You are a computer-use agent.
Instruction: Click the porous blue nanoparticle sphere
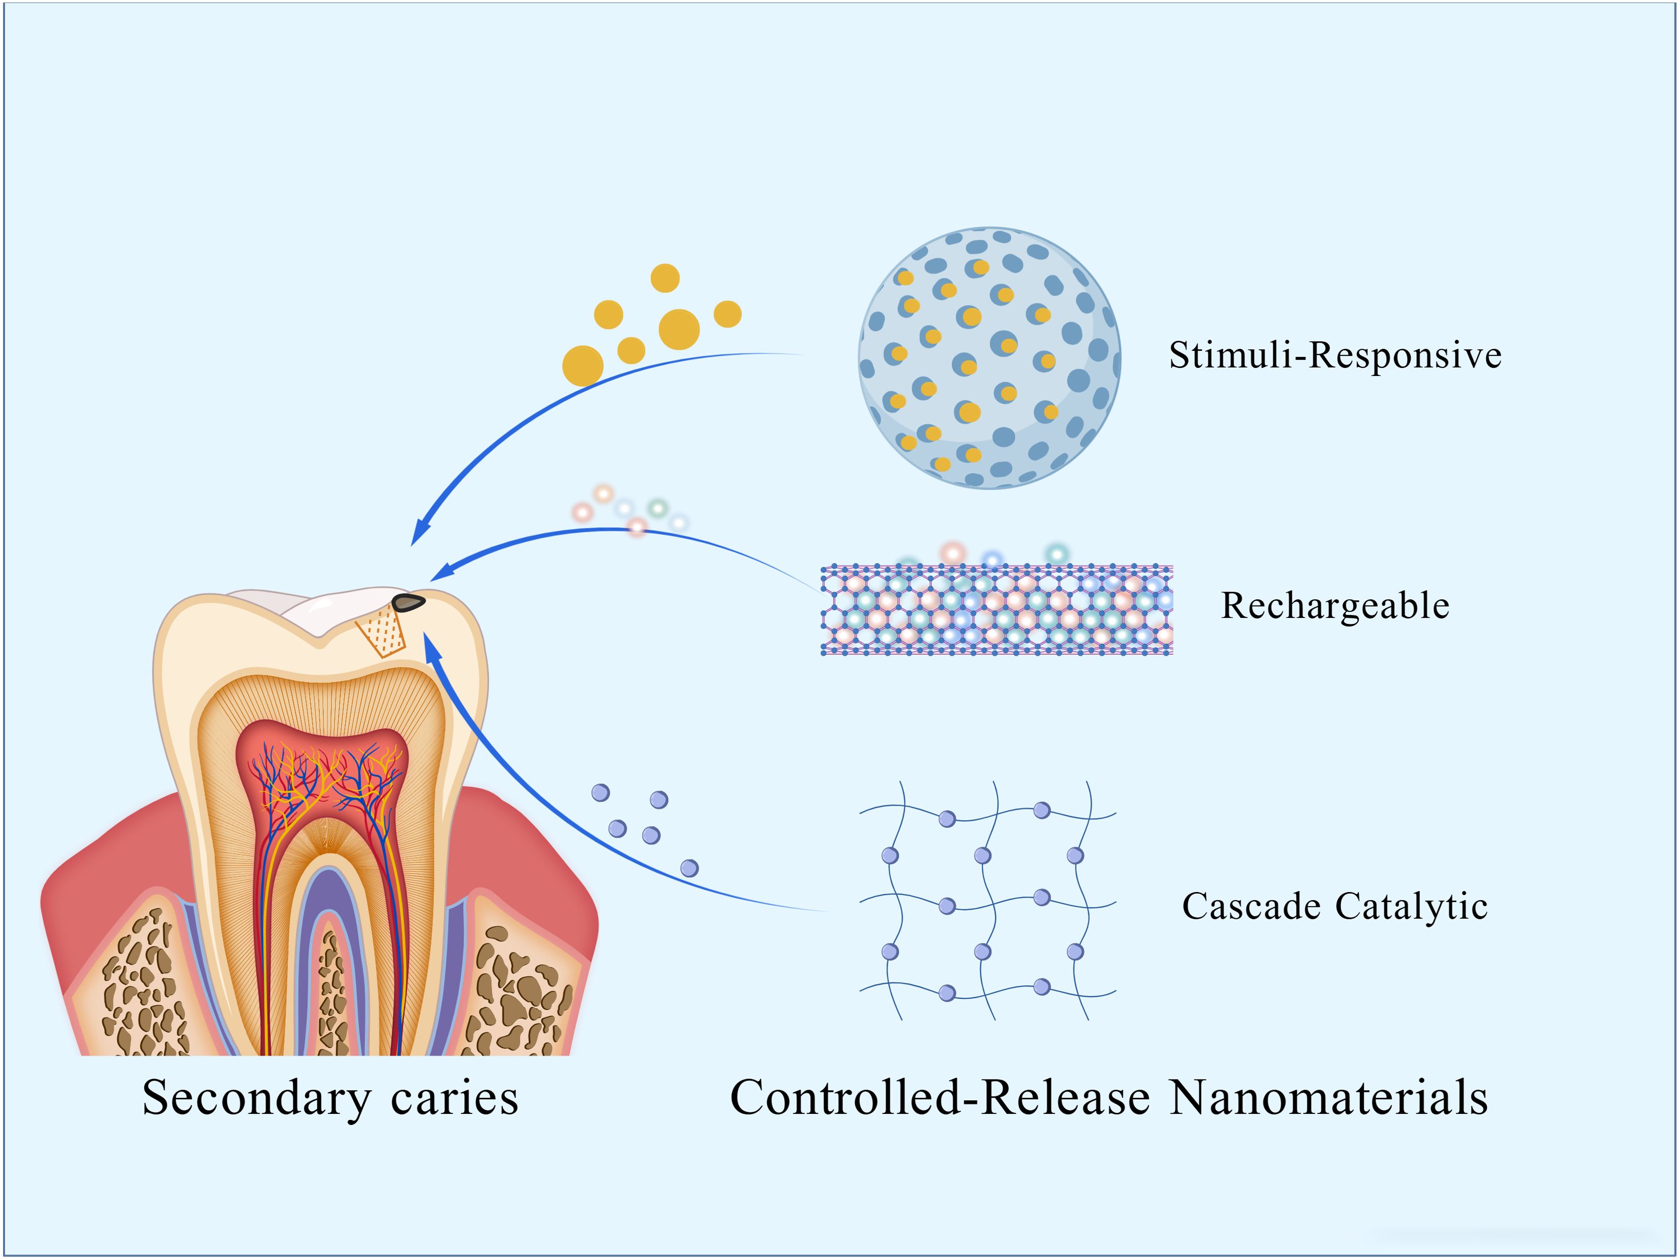click(x=989, y=357)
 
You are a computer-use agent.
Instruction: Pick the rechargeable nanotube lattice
click(x=997, y=610)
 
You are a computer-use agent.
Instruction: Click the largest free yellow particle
click(x=679, y=329)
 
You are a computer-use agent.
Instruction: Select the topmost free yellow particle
click(x=665, y=278)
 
